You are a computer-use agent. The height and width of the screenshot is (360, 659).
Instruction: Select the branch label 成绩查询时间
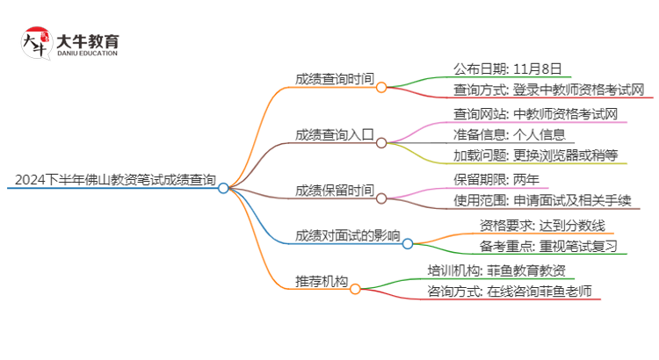click(x=334, y=78)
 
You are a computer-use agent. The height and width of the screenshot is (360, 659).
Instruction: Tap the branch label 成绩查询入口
click(x=334, y=134)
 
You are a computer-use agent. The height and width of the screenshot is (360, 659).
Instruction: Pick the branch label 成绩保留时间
click(x=334, y=191)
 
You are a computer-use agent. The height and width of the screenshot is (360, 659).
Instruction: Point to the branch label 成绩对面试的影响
click(x=348, y=235)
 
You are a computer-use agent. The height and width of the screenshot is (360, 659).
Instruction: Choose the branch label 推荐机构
click(x=321, y=282)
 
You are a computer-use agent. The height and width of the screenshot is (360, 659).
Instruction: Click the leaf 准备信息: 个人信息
click(x=502, y=135)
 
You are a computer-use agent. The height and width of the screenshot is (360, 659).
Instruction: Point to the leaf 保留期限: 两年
click(x=496, y=180)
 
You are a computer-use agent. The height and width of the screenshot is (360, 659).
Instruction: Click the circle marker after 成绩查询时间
click(x=381, y=87)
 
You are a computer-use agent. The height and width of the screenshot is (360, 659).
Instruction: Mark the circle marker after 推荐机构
click(x=355, y=289)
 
